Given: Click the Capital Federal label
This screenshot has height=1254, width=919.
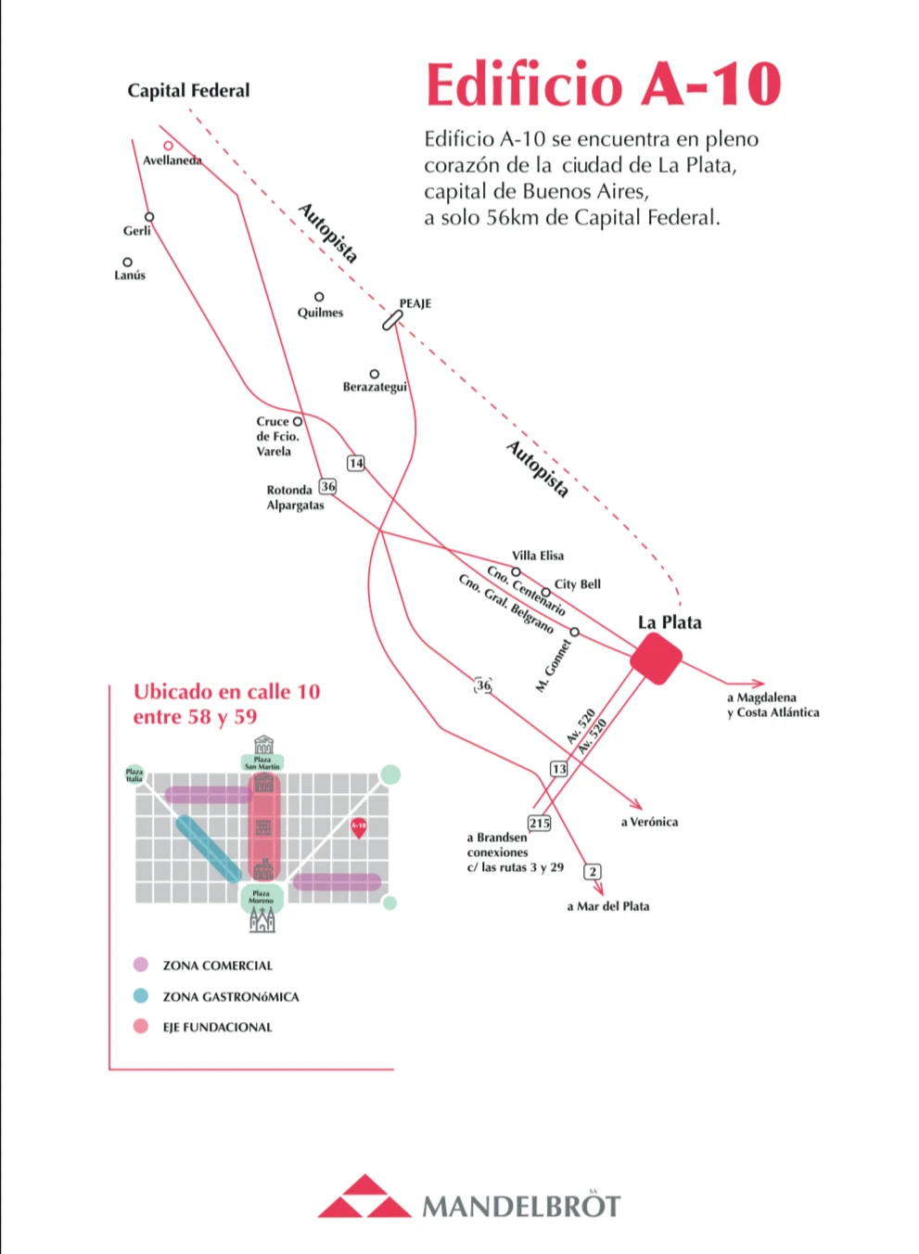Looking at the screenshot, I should [188, 90].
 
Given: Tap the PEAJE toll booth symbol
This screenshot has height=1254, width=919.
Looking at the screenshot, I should [392, 320].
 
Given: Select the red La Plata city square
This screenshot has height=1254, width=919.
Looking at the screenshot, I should [657, 659].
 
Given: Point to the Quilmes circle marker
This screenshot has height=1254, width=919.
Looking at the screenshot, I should [319, 297].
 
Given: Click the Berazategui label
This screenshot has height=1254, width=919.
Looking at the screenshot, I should [375, 387].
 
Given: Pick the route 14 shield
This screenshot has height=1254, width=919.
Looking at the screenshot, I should [356, 463].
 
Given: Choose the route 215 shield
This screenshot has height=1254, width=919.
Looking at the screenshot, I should [539, 823].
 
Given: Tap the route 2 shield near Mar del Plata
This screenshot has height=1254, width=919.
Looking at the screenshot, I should [593, 871].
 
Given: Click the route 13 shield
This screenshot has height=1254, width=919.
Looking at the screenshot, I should [558, 769].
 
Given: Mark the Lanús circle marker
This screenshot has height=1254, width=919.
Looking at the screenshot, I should [127, 262].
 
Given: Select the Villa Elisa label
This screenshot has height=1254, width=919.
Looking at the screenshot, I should [538, 556].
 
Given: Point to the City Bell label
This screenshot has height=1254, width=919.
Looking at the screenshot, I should [578, 584].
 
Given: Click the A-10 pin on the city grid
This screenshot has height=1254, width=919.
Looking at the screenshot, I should [359, 827].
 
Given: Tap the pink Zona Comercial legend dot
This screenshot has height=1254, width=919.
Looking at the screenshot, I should [141, 965].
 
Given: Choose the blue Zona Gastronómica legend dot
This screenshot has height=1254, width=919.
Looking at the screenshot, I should [141, 996].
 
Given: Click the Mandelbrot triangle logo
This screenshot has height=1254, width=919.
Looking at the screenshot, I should [364, 1197].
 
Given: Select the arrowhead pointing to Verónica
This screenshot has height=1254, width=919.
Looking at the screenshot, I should [637, 803].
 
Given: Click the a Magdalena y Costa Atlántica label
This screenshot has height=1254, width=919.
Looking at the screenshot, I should [772, 705].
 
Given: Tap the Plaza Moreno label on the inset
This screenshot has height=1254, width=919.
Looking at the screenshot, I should [262, 897].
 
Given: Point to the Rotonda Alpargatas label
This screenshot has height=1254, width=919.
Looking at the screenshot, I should [295, 497].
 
